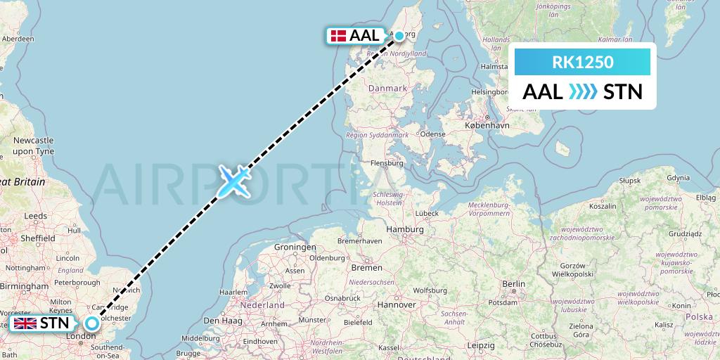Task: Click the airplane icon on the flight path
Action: pos(233,181)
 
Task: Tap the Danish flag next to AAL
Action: pos(337,35)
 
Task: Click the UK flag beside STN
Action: pos(25,323)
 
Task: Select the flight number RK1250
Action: pos(582,63)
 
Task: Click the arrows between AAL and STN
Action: pos(583,91)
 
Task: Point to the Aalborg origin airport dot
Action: pos(399,36)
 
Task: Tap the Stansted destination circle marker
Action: pos(92,323)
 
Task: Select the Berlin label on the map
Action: pos(514,283)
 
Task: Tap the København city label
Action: pos(487,124)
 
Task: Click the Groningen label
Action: pos(295,247)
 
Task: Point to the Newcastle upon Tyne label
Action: pos(33,146)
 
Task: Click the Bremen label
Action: pos(366,267)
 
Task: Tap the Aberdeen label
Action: pos(18,39)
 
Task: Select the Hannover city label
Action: pos(397,304)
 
